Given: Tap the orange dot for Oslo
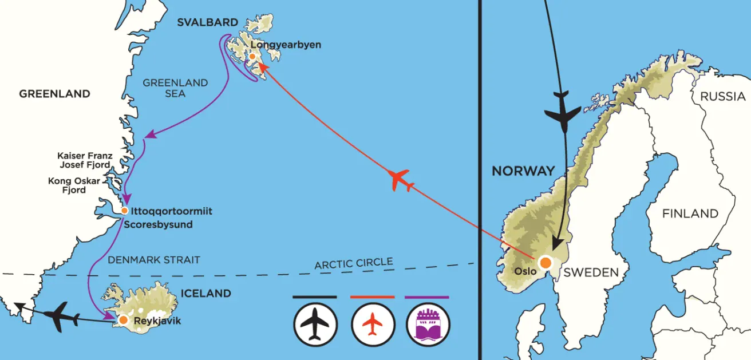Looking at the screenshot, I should click(546, 262).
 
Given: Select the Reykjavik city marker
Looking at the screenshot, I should click(123, 320).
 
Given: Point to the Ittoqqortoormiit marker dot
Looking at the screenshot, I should click(124, 211).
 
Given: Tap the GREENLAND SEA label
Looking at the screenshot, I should click(175, 88).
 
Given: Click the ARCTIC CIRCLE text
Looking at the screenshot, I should click(354, 264).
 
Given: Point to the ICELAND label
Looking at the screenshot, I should click(205, 293).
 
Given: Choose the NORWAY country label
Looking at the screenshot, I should click(523, 171).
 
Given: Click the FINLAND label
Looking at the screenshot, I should click(690, 213).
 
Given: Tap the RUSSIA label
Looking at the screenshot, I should click(723, 96).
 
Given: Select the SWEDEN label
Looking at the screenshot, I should click(591, 272).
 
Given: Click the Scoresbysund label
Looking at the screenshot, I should click(158, 224).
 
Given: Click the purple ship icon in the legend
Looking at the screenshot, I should click(428, 325).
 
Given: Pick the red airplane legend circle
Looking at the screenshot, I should click(372, 325).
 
